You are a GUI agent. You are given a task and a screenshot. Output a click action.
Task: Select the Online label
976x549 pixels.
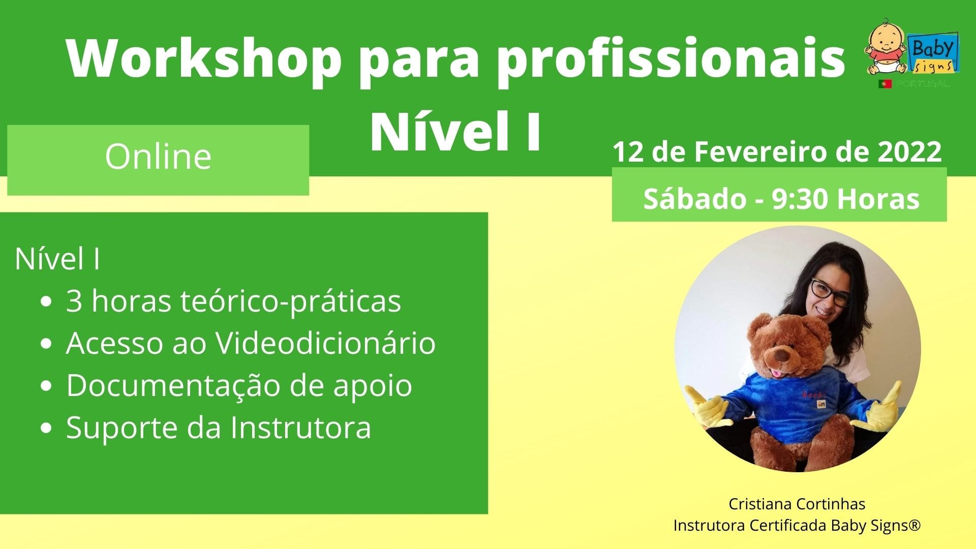tap(158, 156)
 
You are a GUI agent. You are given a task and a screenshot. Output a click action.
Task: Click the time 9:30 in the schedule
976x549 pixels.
tap(801, 198)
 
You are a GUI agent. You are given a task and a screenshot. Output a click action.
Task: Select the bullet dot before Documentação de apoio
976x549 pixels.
tap(46, 386)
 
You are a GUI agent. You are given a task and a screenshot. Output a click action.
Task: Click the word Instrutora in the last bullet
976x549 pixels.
tap(300, 428)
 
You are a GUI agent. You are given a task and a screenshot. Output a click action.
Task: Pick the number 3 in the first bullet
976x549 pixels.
tap(74, 301)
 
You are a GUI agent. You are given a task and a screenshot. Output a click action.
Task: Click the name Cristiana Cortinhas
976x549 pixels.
tap(797, 504)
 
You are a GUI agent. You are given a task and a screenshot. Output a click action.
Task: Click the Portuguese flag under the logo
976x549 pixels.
tap(884, 84)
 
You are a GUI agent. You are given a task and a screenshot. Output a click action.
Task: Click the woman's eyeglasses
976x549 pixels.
tap(830, 292)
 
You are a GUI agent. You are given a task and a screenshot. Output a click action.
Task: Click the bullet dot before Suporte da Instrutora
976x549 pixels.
tap(46, 429)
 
